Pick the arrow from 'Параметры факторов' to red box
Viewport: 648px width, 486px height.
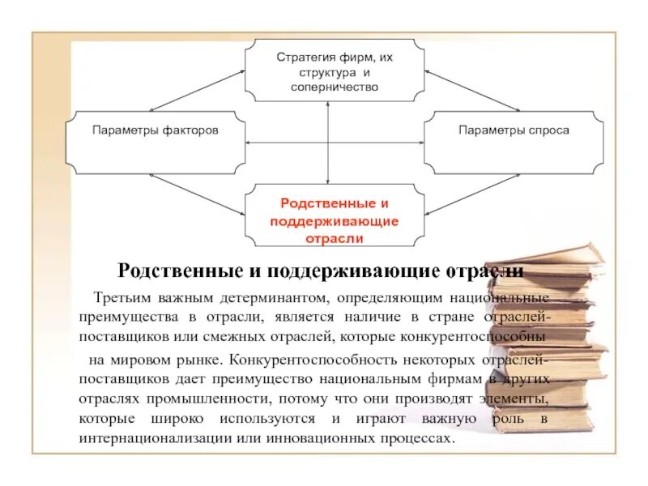coord(198,194)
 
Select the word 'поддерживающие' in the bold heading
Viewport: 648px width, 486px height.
coord(344,270)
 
